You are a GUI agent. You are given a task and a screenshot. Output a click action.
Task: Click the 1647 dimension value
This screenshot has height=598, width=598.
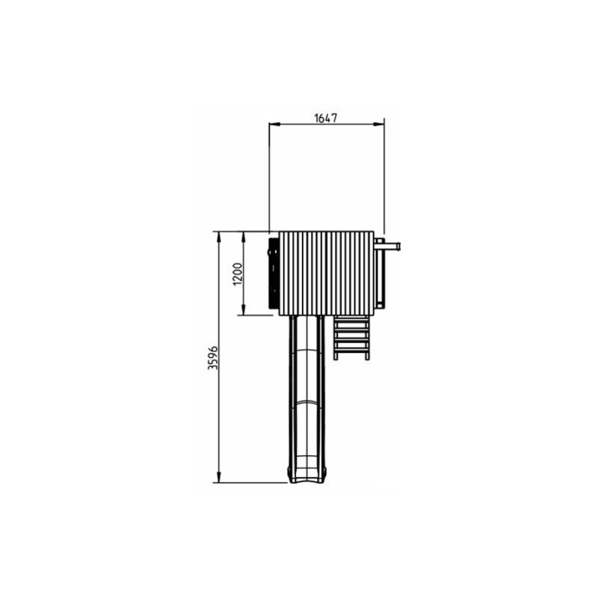[326, 118]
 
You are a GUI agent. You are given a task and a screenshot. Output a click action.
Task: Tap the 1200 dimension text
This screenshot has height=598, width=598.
[237, 274]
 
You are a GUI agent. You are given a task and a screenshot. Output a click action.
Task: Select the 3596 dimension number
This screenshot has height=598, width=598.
[212, 358]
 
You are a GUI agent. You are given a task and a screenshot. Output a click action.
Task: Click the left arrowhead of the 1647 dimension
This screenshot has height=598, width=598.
[274, 124]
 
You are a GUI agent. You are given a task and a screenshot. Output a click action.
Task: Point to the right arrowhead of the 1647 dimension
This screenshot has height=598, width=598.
[378, 124]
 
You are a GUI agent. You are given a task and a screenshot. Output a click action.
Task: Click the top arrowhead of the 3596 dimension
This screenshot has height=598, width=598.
[218, 237]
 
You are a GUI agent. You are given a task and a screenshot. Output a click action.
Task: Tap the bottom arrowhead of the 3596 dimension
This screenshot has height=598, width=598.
[218, 477]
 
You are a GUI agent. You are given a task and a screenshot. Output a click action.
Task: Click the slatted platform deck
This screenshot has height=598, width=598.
[326, 273]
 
